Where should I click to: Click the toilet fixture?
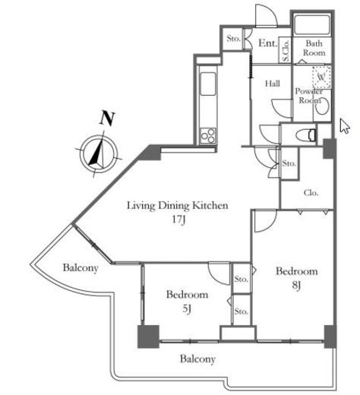(x=306, y=134)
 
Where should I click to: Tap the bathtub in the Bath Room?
(x=312, y=25)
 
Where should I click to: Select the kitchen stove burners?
(x=208, y=135)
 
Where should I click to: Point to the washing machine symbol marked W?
(x=322, y=77)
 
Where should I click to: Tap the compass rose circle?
(x=99, y=153)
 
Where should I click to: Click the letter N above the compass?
(x=107, y=118)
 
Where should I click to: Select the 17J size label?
(x=178, y=220)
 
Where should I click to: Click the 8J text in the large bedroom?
(x=296, y=285)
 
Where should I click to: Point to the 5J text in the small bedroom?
(x=187, y=308)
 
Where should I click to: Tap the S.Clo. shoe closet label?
(x=286, y=50)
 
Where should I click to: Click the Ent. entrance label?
(x=267, y=43)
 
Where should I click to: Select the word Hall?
(x=273, y=84)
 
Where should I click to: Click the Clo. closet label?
(x=311, y=193)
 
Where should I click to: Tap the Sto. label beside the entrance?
(x=233, y=39)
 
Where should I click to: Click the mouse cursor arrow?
(x=345, y=125)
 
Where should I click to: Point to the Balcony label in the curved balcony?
(x=81, y=268)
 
